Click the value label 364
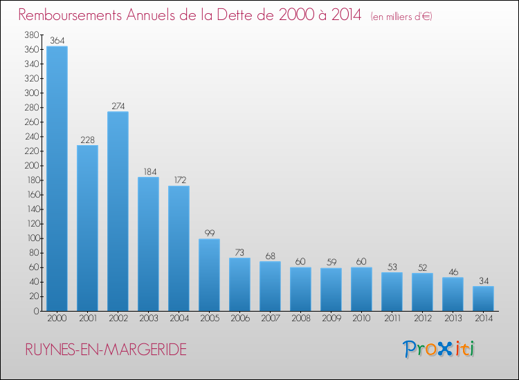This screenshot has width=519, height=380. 57,41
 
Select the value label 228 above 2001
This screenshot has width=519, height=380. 87,140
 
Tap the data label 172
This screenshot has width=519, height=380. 179,180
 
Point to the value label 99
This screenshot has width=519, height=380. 209,234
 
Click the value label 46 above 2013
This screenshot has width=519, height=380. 453,272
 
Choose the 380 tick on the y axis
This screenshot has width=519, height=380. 31,35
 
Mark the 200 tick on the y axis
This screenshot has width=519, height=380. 31,166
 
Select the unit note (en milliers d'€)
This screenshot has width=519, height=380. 401,16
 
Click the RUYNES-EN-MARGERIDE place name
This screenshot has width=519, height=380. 105,350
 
